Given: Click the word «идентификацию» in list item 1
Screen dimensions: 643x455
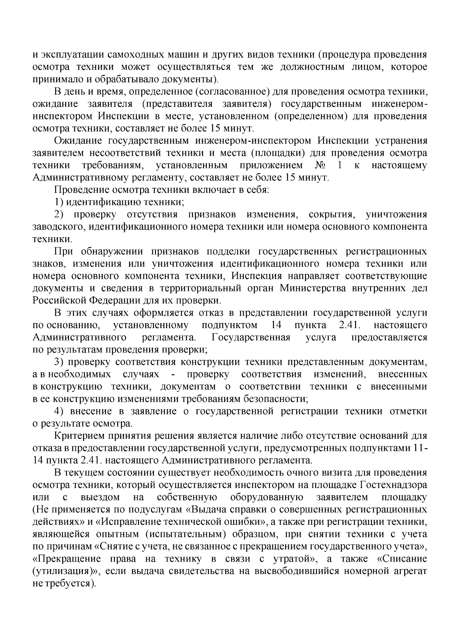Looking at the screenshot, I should [103, 202].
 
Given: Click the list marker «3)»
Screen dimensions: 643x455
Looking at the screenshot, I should [60, 362].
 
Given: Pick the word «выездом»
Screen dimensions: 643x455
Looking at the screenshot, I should [100, 498].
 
